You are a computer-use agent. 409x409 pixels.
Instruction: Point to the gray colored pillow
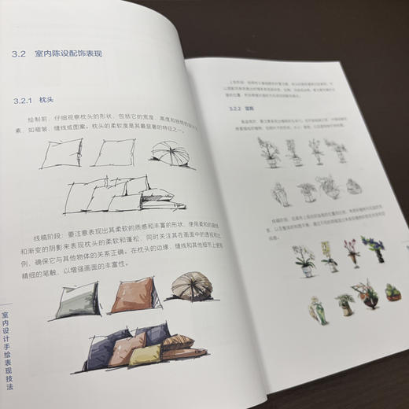click(x=77, y=300)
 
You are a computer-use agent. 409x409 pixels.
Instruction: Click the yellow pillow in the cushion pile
click(x=146, y=355)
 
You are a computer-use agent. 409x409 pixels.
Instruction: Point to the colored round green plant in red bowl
click(x=392, y=293)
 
